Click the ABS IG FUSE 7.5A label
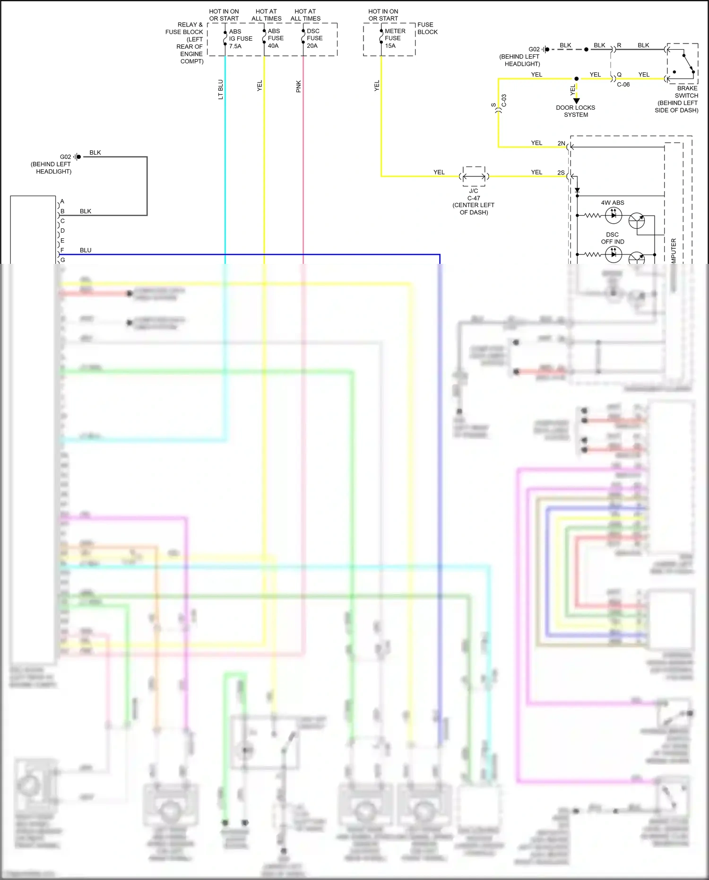click(x=240, y=39)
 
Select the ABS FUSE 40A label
click(x=276, y=38)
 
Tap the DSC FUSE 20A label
click(x=314, y=38)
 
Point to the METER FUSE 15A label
click(x=395, y=38)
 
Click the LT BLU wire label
click(x=220, y=89)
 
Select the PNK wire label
click(x=298, y=87)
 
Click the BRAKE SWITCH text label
click(x=686, y=92)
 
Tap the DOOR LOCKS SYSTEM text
click(x=575, y=111)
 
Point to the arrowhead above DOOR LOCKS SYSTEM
click(x=576, y=101)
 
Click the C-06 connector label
click(x=623, y=85)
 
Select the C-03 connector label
click(x=504, y=100)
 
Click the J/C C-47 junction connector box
click(x=474, y=176)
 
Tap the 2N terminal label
click(x=561, y=143)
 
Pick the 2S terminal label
click(x=561, y=173)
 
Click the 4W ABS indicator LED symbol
click(x=614, y=216)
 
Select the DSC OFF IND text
click(x=613, y=238)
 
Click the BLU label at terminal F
click(x=86, y=250)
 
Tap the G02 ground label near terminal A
click(x=65, y=157)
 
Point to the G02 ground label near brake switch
click(x=534, y=49)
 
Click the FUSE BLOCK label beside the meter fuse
click(x=427, y=28)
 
